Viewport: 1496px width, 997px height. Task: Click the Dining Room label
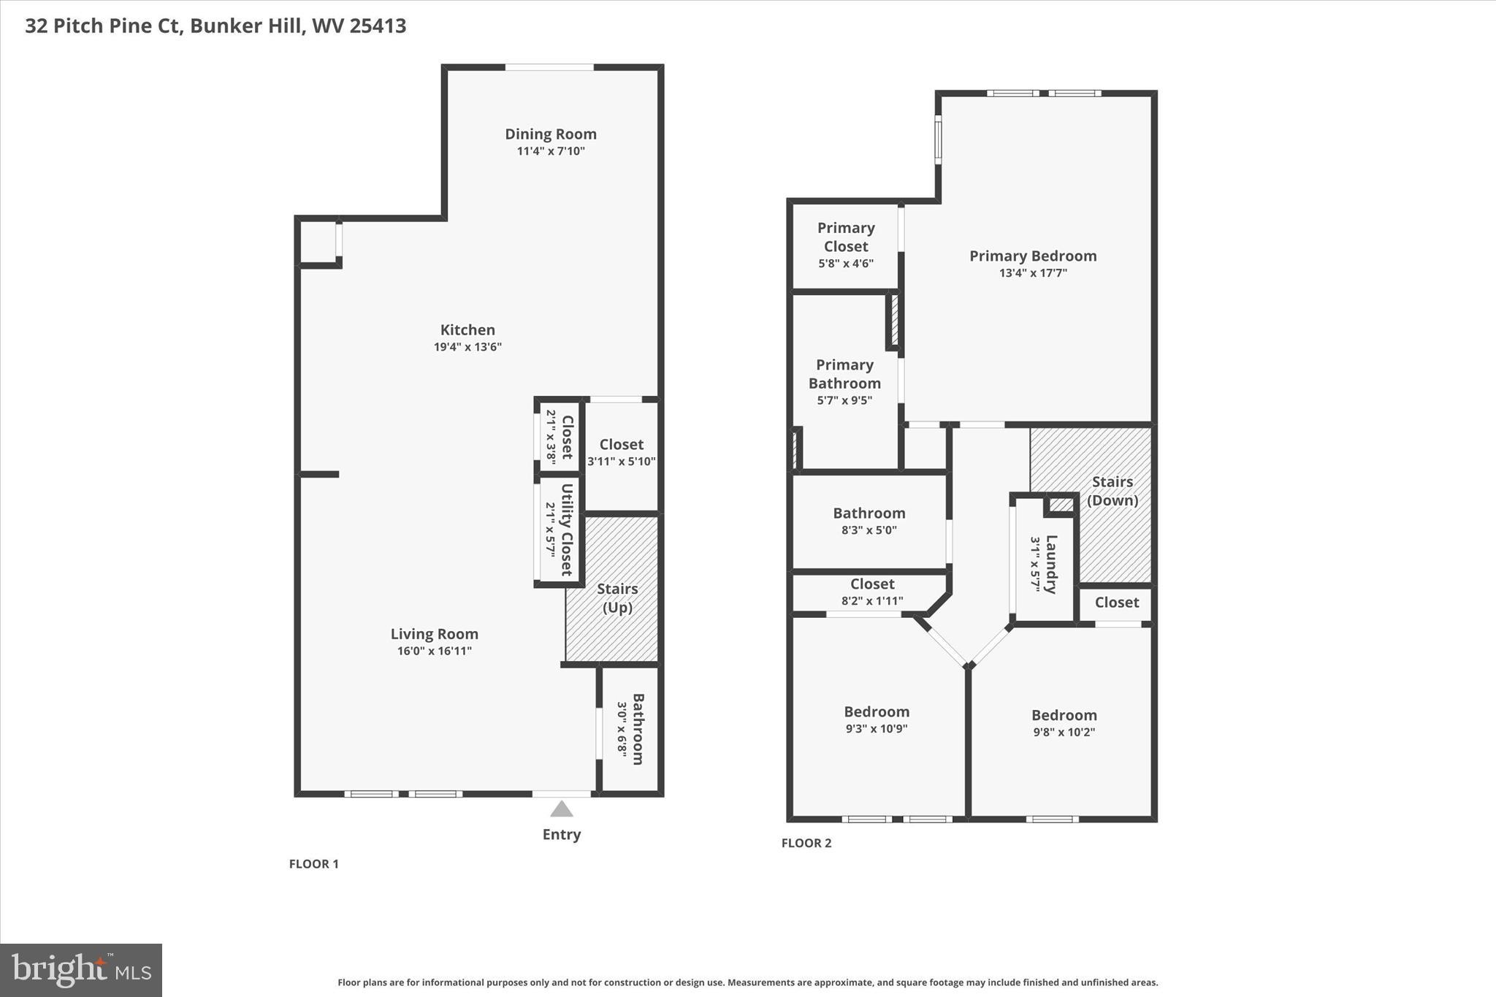pos(550,134)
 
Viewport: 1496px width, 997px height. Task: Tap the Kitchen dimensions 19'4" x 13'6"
pos(467,347)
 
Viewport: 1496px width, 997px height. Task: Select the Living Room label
pos(434,634)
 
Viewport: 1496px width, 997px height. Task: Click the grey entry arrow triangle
pos(561,809)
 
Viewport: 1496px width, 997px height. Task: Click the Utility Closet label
pos(566,530)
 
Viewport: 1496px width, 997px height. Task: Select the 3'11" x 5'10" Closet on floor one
pos(621,452)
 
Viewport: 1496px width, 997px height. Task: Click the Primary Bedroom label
pos(1032,256)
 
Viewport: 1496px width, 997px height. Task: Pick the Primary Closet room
pos(845,245)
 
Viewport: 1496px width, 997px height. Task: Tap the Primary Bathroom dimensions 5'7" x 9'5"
pos(844,400)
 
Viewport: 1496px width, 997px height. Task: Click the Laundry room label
pos(1050,564)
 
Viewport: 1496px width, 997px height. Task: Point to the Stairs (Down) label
pos(1112,491)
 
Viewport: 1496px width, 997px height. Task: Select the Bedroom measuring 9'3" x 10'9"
pos(876,719)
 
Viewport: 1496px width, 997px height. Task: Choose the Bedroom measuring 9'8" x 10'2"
pos(1064,722)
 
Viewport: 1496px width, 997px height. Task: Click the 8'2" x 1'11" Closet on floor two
pos(871,592)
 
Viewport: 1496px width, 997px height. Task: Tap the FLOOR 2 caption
pos(806,843)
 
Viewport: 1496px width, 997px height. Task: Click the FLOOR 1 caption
pos(313,864)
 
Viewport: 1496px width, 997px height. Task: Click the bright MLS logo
pos(81,969)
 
